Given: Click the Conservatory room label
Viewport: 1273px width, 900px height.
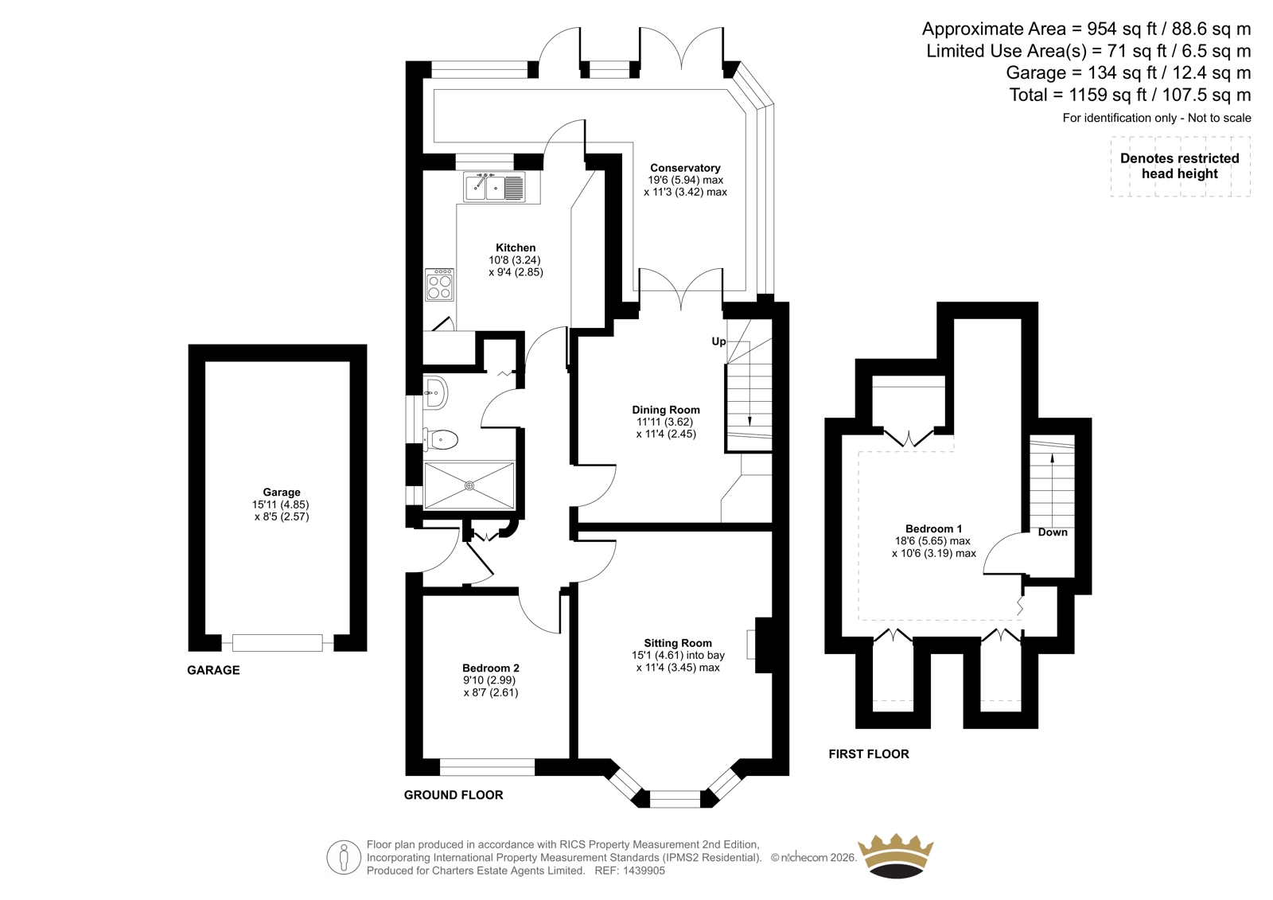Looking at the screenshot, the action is (x=685, y=168).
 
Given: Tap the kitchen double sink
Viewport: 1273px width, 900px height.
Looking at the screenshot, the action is (x=494, y=186).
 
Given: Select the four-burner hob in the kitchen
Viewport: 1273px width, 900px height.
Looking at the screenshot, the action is (x=439, y=284).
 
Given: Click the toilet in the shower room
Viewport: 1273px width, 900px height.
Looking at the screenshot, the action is (x=442, y=439).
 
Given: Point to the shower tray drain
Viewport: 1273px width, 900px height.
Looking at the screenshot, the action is (x=469, y=485).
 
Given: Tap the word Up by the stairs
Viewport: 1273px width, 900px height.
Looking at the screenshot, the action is (x=718, y=341).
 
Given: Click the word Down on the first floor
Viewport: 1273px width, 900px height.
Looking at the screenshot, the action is (x=1053, y=532).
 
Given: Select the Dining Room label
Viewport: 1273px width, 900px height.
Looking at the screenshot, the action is (x=665, y=409).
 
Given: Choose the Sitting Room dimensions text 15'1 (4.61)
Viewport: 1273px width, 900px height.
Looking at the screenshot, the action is (x=658, y=655).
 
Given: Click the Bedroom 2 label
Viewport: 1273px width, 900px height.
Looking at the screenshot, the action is (x=490, y=668).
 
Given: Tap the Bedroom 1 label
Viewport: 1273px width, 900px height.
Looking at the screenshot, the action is (x=933, y=528).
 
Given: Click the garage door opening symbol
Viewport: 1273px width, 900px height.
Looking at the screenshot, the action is (x=278, y=643).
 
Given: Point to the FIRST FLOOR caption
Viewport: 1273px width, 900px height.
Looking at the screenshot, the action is (x=868, y=754).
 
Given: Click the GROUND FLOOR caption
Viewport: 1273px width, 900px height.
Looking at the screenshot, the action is (x=454, y=795).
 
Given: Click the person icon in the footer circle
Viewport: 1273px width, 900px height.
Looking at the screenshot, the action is (x=343, y=857).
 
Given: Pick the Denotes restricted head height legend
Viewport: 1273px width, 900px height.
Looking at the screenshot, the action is (x=1179, y=166).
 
